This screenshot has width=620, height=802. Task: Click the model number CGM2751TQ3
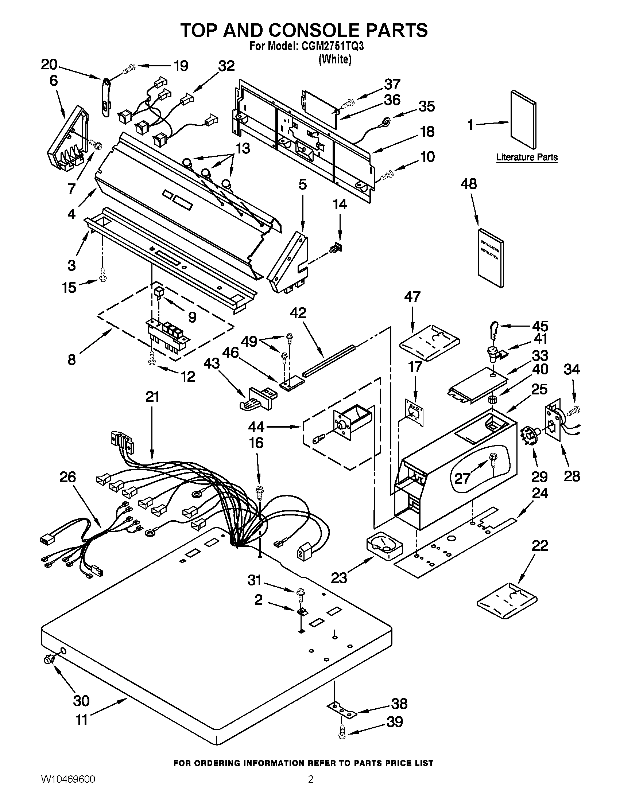(333, 47)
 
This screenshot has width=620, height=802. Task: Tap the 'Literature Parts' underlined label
(526, 157)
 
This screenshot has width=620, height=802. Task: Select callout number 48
(469, 184)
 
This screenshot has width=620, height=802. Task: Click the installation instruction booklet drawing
(491, 257)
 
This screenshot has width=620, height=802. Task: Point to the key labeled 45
(495, 327)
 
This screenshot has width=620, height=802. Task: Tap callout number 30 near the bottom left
(81, 701)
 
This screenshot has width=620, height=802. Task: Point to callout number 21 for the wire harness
(152, 397)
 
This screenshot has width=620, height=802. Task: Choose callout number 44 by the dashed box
(256, 427)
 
